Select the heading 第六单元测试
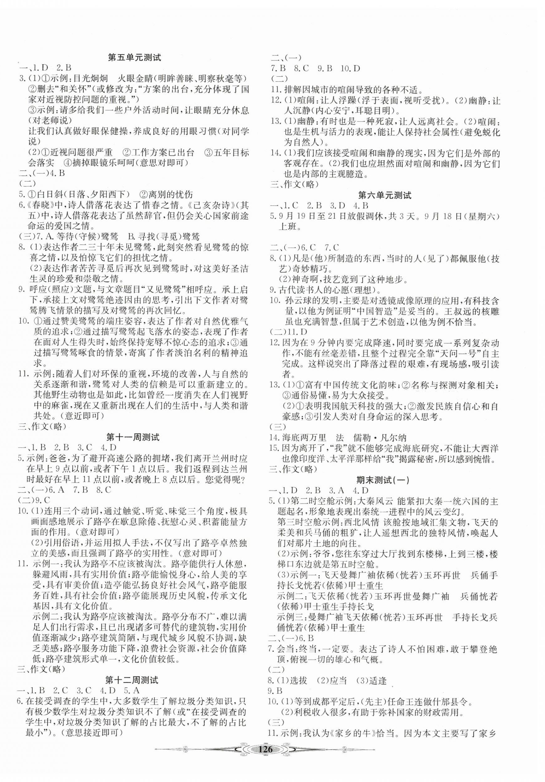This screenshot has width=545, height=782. pyautogui.click(x=385, y=195)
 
